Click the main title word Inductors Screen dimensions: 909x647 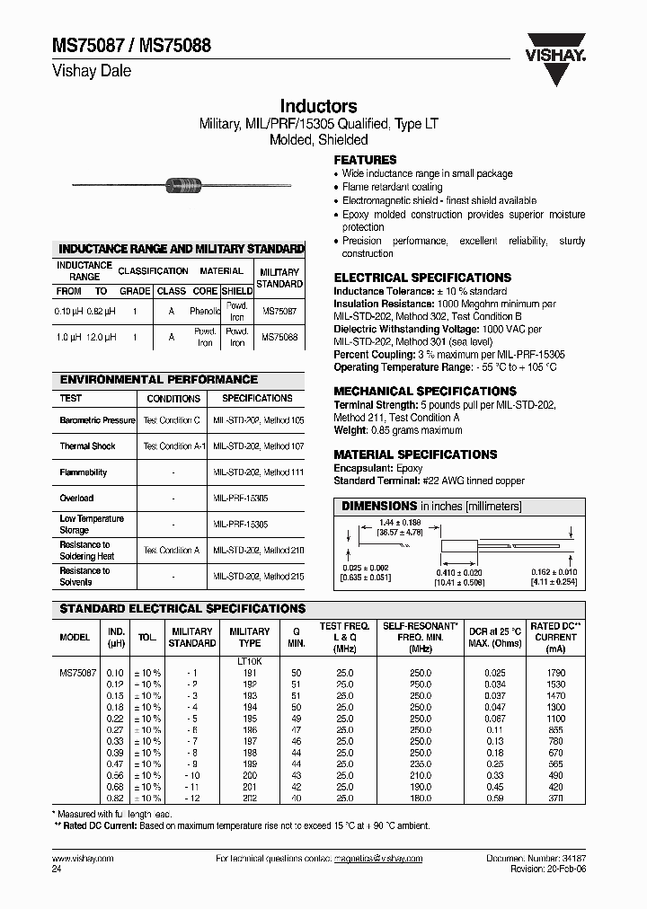tap(318, 106)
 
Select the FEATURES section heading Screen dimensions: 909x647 tap(366, 160)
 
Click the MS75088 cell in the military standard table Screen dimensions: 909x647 tap(279, 337)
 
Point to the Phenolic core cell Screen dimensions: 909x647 tap(205, 311)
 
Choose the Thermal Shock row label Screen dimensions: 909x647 tap(88, 446)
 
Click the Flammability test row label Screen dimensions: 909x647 tap(84, 472)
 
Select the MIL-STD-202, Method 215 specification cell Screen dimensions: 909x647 tap(257, 576)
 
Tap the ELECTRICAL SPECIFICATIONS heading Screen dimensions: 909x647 tap(422, 278)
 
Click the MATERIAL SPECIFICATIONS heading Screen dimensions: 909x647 tap(415, 454)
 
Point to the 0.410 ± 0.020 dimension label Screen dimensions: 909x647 tap(460, 571)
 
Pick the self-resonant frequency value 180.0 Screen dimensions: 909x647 tap(420, 799)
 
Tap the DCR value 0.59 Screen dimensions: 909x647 tap(495, 799)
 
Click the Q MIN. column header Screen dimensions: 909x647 tap(296, 637)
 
